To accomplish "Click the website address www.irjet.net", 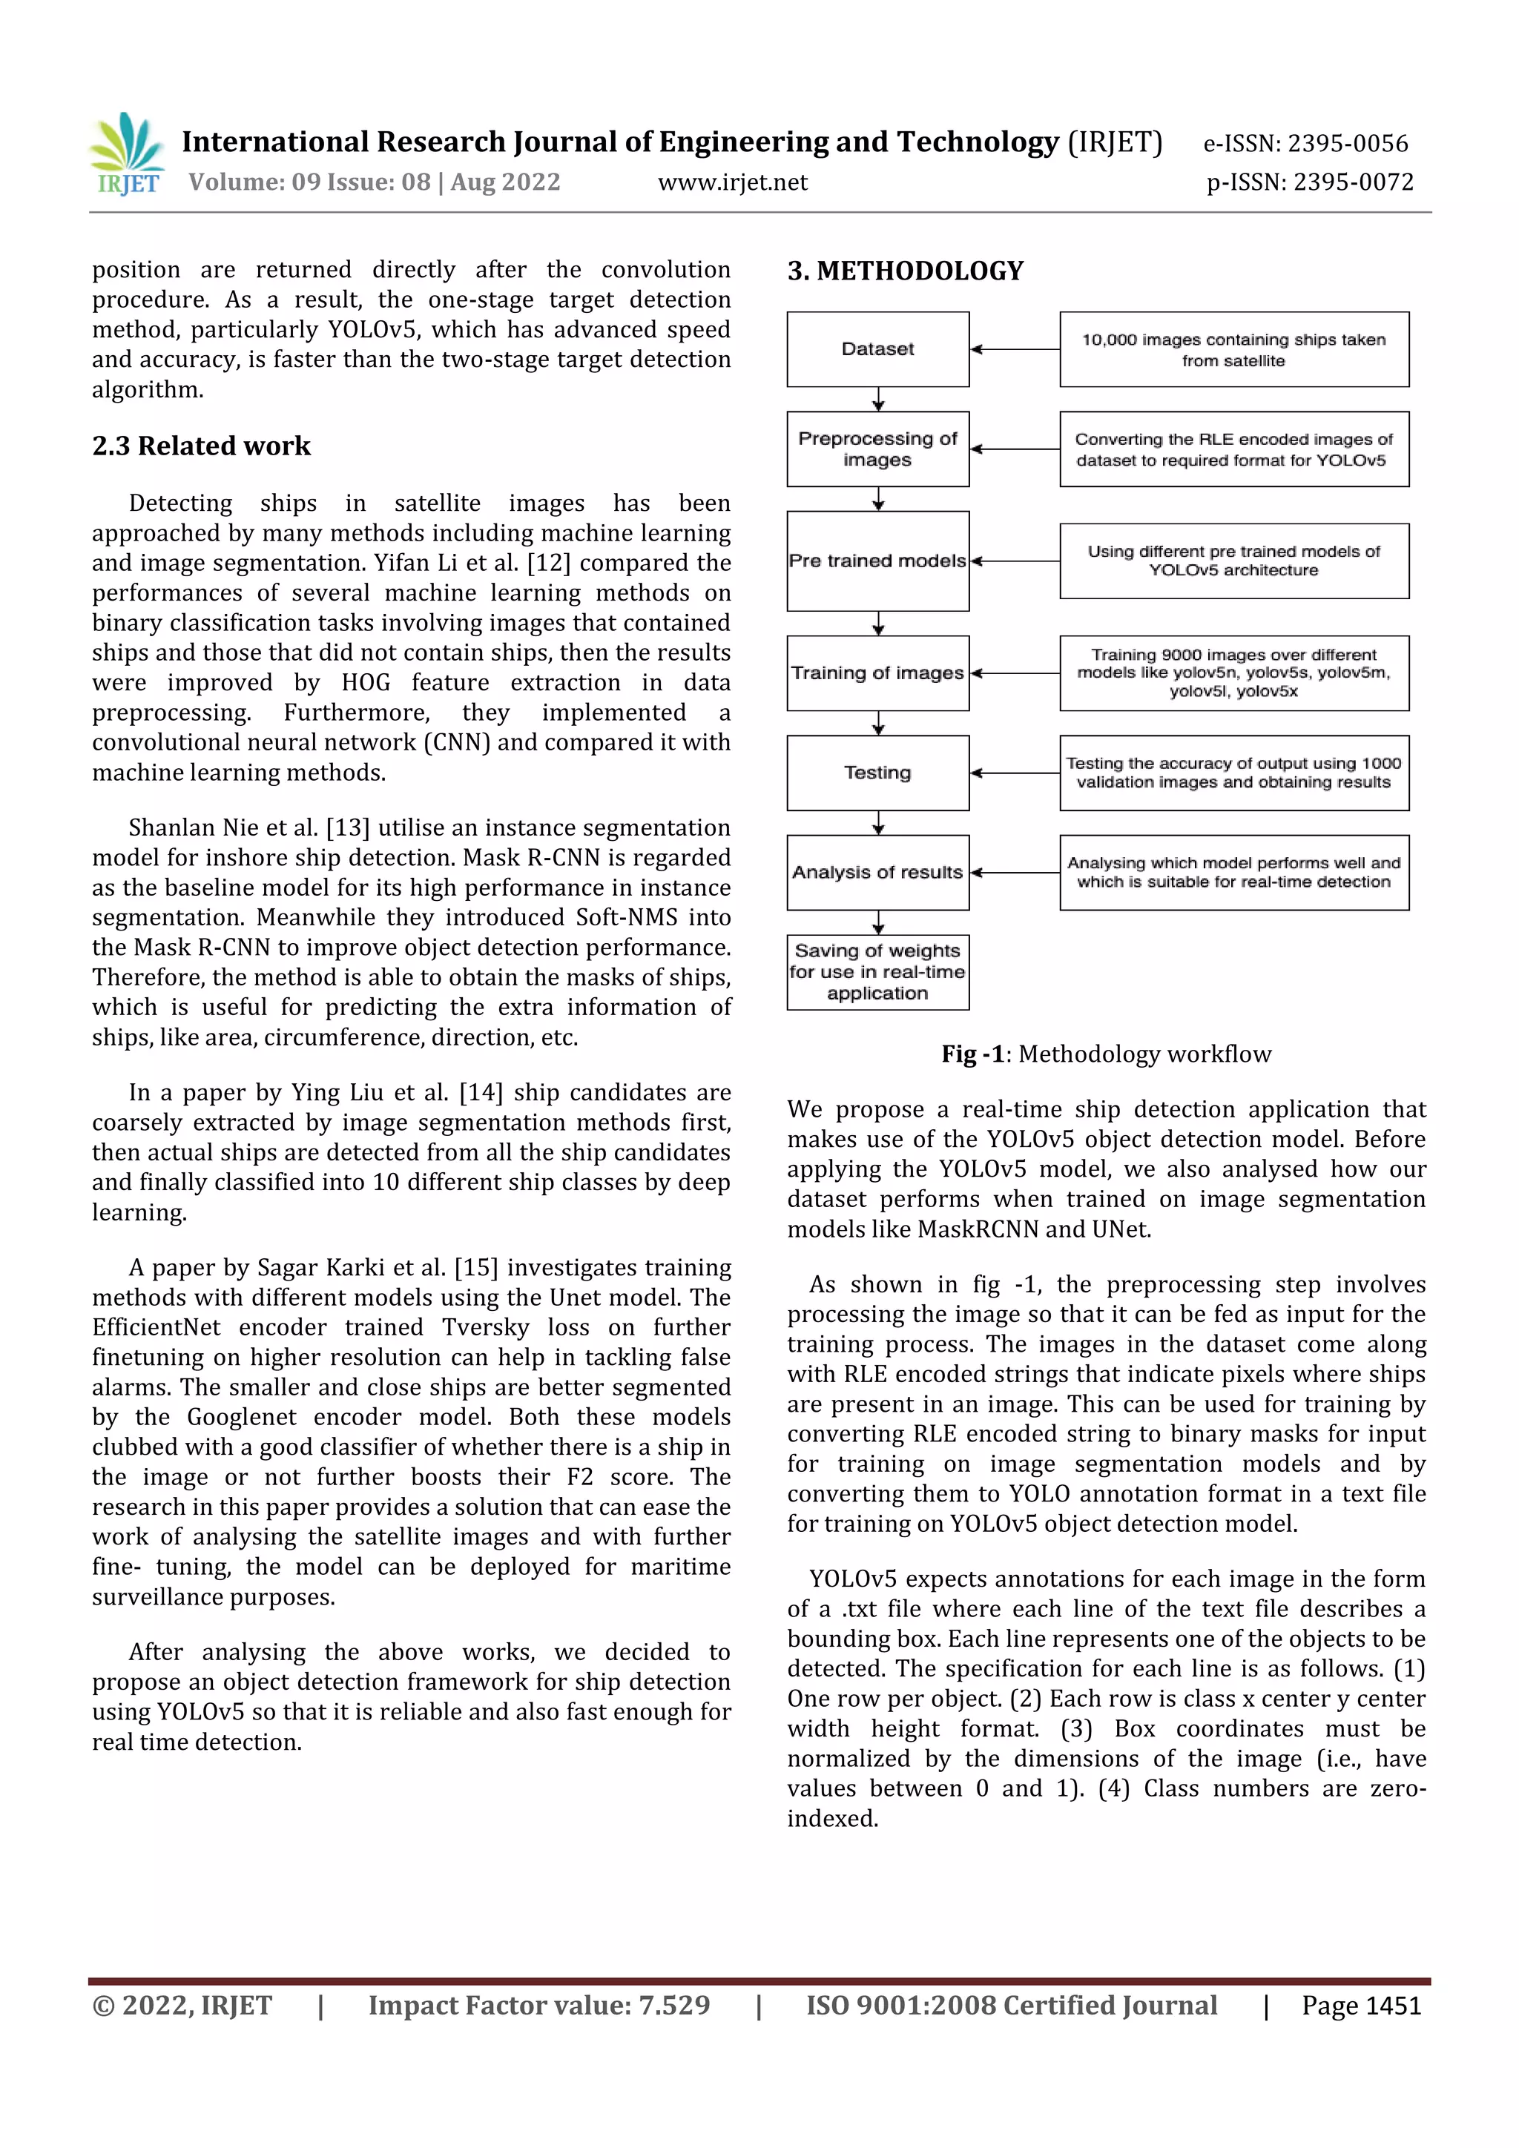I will [x=732, y=182].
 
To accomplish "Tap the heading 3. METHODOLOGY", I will [x=905, y=271].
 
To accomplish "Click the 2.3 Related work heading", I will [x=200, y=446].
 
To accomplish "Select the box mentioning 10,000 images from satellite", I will [x=1233, y=349].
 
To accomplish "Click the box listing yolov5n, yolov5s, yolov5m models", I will [x=1233, y=673].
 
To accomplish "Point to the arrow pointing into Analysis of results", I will [x=1015, y=873].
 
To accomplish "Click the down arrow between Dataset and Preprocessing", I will [x=878, y=400].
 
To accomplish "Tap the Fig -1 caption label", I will [x=972, y=1054].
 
